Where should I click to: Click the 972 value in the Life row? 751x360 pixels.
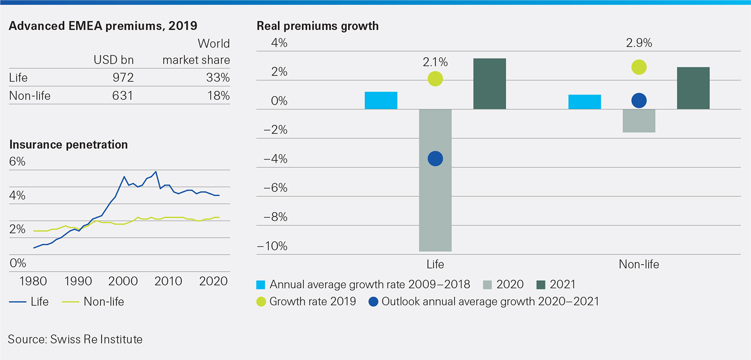click(x=123, y=77)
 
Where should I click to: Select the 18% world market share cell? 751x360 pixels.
click(x=218, y=95)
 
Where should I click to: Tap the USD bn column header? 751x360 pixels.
click(x=114, y=60)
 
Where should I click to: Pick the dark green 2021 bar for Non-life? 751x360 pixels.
click(x=693, y=88)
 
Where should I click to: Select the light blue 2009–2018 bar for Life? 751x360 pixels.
click(x=381, y=101)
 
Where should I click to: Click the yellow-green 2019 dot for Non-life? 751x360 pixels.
click(x=639, y=67)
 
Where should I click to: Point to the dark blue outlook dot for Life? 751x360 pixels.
click(x=435, y=158)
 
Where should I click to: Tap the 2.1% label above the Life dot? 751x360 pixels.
click(x=435, y=62)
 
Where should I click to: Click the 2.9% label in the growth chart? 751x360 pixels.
click(x=639, y=43)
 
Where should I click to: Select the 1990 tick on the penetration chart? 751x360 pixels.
click(x=78, y=281)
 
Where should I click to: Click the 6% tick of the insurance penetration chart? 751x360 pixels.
click(x=17, y=161)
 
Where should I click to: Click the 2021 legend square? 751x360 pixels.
click(x=541, y=284)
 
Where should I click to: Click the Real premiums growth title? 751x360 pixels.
click(x=318, y=26)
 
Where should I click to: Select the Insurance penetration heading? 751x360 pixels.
click(x=69, y=145)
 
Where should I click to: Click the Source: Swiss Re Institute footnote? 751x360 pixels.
click(x=75, y=339)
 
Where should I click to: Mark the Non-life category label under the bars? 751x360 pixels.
click(x=638, y=264)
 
